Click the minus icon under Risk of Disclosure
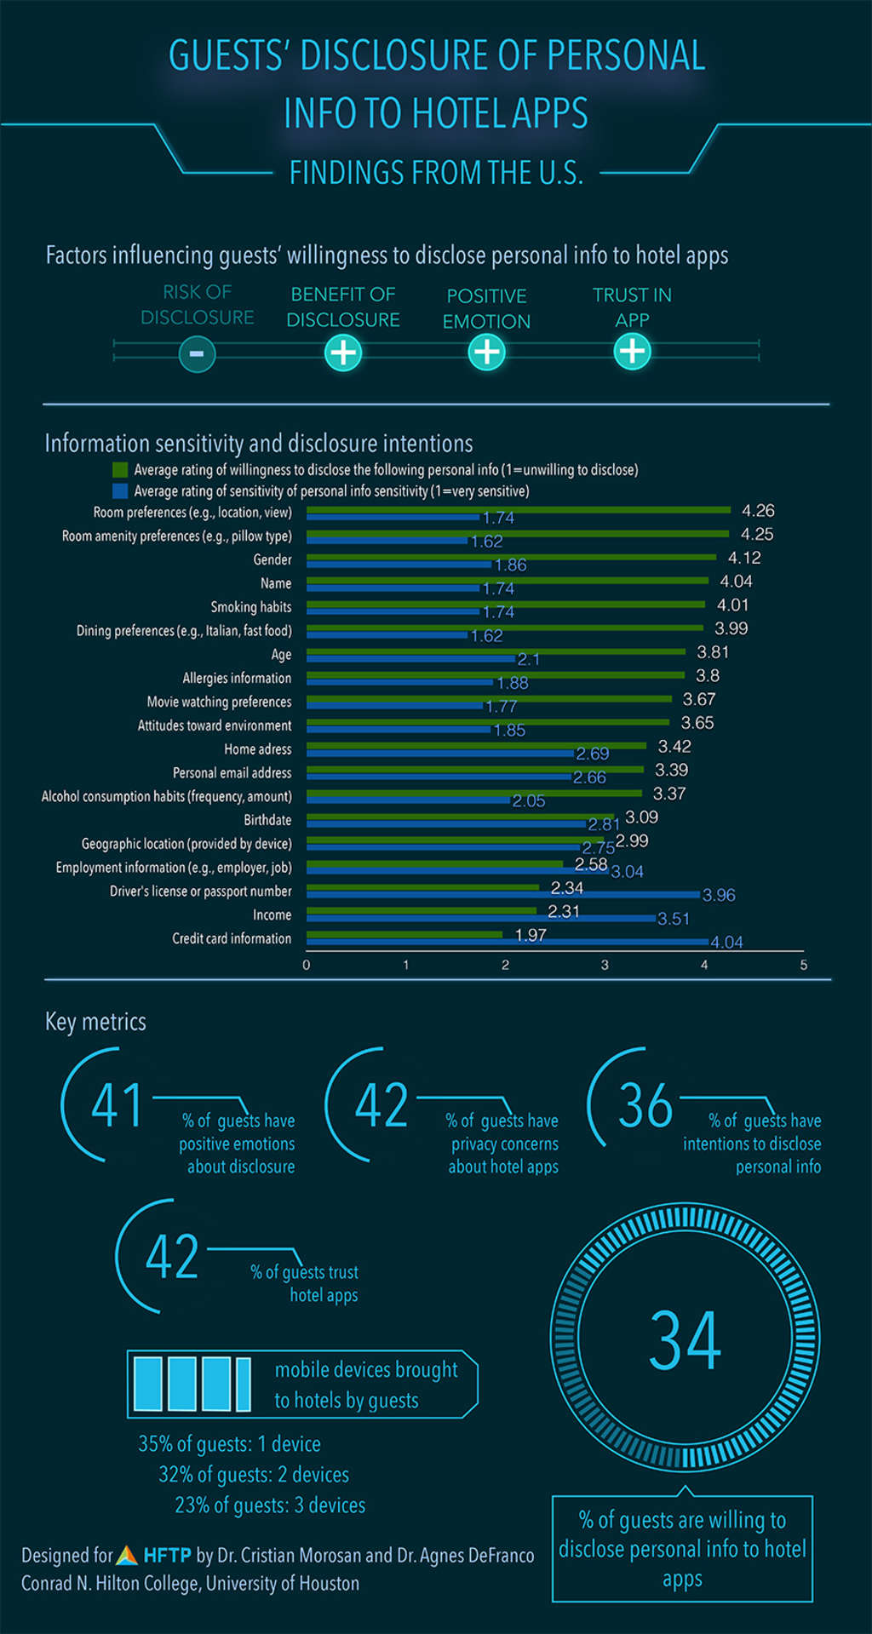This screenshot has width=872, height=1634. pyautogui.click(x=197, y=353)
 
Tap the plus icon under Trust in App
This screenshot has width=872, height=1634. pyautogui.click(x=632, y=351)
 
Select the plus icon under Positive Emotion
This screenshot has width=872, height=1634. pyautogui.click(x=486, y=352)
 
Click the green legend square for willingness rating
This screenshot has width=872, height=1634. pyautogui.click(x=120, y=470)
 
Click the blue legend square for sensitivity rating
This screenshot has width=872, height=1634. pyautogui.click(x=120, y=491)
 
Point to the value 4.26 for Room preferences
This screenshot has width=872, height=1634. pyautogui.click(x=757, y=511)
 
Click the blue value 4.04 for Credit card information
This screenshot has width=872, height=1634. pyautogui.click(x=726, y=942)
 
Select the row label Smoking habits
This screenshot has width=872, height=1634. pyautogui.click(x=250, y=607)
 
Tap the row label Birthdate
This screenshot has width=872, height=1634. pyautogui.click(x=267, y=820)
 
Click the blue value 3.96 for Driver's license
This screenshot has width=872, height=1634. pyautogui.click(x=718, y=895)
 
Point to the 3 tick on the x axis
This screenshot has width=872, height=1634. pyautogui.click(x=605, y=965)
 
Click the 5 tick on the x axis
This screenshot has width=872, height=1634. pyautogui.click(x=803, y=965)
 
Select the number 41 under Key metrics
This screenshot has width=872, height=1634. pyautogui.click(x=117, y=1105)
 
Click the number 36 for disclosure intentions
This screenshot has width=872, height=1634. pyautogui.click(x=645, y=1105)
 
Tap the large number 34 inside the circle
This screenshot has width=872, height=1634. pyautogui.click(x=685, y=1341)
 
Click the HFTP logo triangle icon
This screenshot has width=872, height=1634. pyautogui.click(x=127, y=1556)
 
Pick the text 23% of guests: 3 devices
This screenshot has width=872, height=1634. pyautogui.click(x=270, y=1505)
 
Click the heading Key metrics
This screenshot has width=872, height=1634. pyautogui.click(x=95, y=1022)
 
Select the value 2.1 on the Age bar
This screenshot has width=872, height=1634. pyautogui.click(x=528, y=659)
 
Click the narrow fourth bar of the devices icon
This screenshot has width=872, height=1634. pyautogui.click(x=243, y=1384)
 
